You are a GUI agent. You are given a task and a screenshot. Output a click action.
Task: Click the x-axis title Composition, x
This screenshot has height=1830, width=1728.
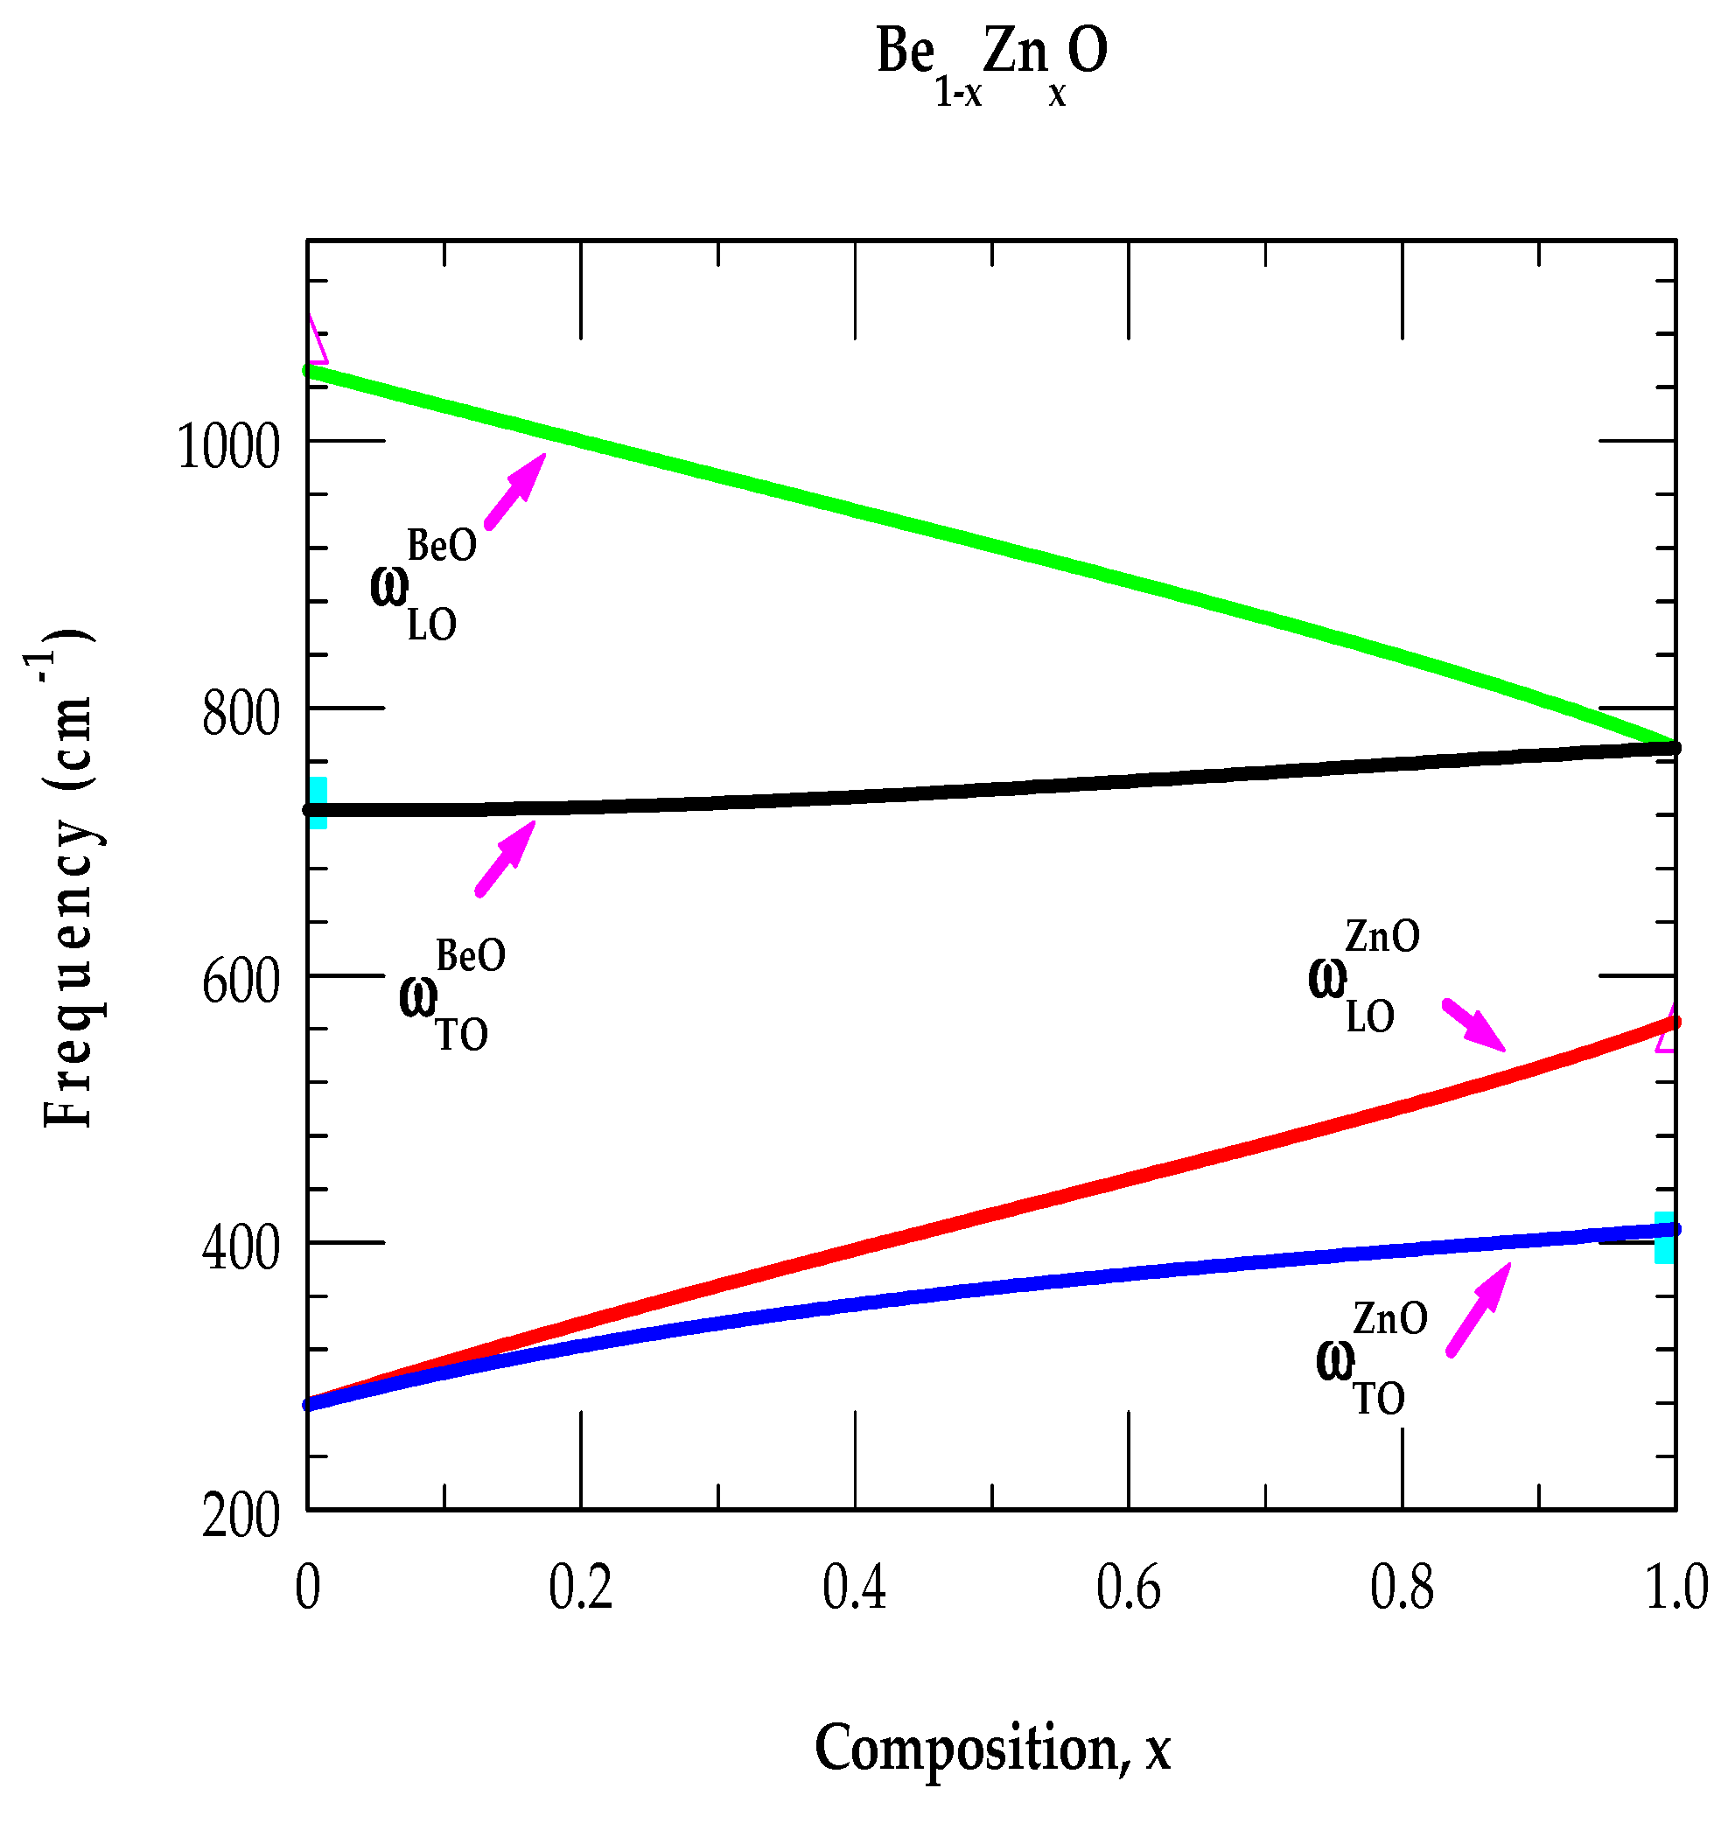tap(992, 1748)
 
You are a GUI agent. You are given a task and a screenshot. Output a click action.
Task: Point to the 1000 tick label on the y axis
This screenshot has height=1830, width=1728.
tap(227, 449)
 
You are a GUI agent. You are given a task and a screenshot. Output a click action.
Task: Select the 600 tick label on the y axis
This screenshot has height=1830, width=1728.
tap(241, 981)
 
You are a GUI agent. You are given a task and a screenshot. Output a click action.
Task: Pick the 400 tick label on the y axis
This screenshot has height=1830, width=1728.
tap(241, 1250)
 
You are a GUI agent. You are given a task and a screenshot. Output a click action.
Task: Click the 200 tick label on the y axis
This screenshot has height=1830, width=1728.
tap(241, 1516)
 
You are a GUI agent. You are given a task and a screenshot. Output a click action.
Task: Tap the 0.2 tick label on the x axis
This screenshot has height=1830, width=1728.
tap(580, 1587)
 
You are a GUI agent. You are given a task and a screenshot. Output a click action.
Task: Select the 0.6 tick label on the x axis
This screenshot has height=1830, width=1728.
tap(1129, 1587)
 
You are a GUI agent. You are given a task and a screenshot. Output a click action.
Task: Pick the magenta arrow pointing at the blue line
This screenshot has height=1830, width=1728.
tap(1478, 1309)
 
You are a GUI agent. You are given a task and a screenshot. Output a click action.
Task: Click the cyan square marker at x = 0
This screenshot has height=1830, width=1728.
tap(317, 802)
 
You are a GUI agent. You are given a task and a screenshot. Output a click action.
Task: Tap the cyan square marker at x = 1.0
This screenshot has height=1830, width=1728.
tap(1663, 1238)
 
